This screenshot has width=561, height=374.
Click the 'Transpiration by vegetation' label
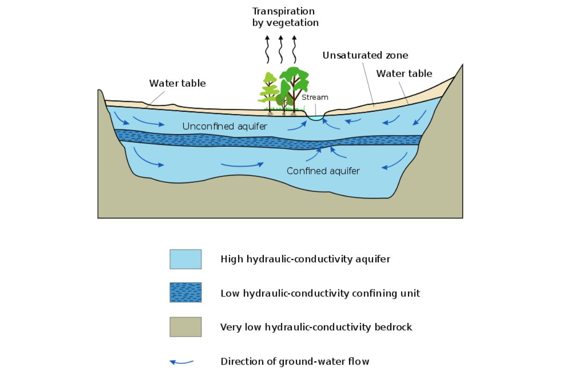283,17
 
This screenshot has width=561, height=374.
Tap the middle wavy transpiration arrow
280,49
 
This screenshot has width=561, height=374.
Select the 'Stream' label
315,97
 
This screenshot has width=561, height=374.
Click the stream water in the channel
316,119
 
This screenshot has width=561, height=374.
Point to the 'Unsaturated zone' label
365,55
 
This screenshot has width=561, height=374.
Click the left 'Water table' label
177,83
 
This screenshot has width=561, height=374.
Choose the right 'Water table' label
404,73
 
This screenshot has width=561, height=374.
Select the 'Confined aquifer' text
323,171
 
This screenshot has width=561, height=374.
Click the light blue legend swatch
186,259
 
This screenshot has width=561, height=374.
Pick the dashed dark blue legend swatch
186,293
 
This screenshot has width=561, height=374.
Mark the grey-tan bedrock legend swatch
186,327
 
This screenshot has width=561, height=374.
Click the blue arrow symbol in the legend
181,362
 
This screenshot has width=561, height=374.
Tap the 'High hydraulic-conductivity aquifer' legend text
305,259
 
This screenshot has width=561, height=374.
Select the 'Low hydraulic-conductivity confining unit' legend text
320,293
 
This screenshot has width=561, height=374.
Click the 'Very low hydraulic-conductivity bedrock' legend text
316,327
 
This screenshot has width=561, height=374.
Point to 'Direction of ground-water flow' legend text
295,361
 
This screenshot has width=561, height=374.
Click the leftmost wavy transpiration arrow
267,49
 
